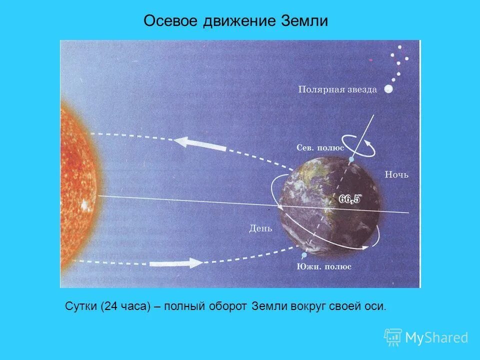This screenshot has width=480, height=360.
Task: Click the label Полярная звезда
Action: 337,89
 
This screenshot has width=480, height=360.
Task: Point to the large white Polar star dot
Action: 388,89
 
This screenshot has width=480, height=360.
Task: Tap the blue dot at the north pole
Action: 351,159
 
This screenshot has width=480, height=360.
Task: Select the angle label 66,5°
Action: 350,199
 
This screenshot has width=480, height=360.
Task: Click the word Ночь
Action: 396,174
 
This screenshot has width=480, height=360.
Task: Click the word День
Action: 260,229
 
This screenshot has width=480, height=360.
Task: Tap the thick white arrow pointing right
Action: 175,263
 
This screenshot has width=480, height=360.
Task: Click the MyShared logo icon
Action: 392,337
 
